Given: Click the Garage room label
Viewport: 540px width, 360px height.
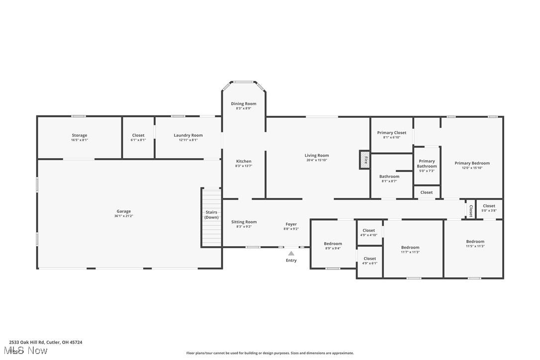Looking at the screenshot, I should pos(124,211).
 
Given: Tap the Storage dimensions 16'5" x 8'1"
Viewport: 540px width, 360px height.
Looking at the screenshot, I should pos(79,140).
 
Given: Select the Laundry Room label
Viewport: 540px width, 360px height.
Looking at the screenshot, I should pos(188,135).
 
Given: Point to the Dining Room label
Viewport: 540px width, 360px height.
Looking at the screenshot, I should pos(244,104).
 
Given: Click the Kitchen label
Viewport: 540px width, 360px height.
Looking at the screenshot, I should pos(244,161).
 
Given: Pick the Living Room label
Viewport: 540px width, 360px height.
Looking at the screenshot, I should pos(317,156).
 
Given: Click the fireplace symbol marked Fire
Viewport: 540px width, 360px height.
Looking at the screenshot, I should pos(365,160).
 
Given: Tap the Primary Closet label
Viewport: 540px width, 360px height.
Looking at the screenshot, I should pos(391,133).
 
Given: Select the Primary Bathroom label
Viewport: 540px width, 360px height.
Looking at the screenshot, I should pos(427,164).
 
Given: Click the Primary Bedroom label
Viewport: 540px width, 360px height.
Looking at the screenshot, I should pos(472,163).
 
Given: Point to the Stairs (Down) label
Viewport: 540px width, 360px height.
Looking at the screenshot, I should pos(211,215).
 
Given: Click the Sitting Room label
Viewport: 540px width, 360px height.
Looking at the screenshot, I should pos(244,222).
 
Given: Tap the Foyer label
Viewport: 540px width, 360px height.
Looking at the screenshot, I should pos(291,224).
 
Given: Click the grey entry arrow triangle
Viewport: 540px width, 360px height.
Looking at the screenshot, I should pos(291,253).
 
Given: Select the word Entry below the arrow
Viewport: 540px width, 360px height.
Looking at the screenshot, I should pos(291,261).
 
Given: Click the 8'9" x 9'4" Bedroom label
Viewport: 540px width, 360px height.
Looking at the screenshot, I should pos(333,244).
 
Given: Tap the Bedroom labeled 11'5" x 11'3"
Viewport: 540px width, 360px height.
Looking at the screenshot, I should pos(475,242).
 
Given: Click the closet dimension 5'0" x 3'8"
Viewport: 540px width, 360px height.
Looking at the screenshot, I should pos(489,210).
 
